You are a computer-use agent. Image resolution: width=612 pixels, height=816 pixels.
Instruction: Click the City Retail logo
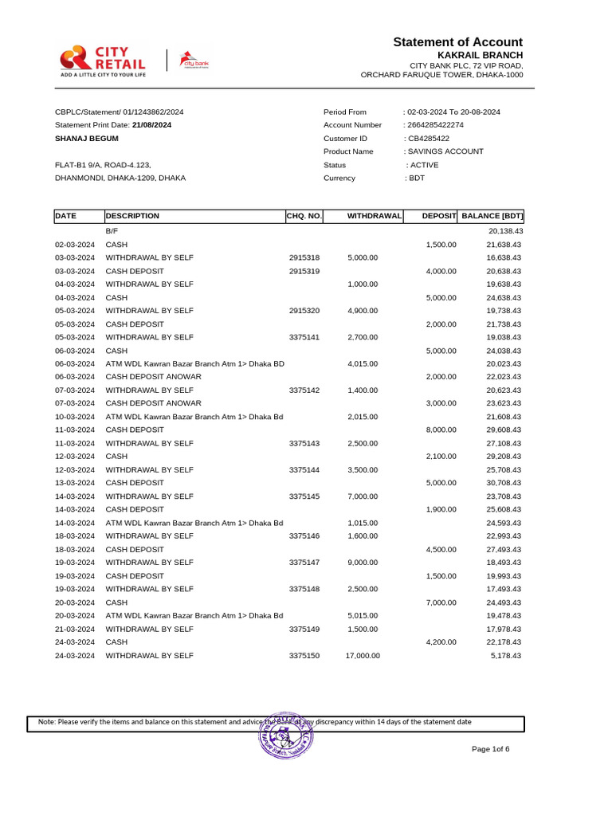pos(103,60)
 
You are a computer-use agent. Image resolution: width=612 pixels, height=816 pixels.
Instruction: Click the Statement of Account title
pos(457,42)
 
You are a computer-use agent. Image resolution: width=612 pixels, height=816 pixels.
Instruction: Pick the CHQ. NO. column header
pos(304,216)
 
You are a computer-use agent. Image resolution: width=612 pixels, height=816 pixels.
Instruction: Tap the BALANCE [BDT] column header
pos(492,216)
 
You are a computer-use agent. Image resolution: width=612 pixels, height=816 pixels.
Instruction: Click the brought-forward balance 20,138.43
pos(504,231)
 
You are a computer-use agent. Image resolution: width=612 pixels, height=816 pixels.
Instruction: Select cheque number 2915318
pos(304,257)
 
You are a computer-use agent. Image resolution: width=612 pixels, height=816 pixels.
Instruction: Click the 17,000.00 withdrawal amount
pos(363,656)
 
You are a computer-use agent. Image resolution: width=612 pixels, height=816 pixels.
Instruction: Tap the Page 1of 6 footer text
pos(490,749)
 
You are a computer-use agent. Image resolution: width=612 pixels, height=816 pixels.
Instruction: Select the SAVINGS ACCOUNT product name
pos(445,151)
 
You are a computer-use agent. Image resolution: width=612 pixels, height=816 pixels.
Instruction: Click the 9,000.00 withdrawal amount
pos(363,563)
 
